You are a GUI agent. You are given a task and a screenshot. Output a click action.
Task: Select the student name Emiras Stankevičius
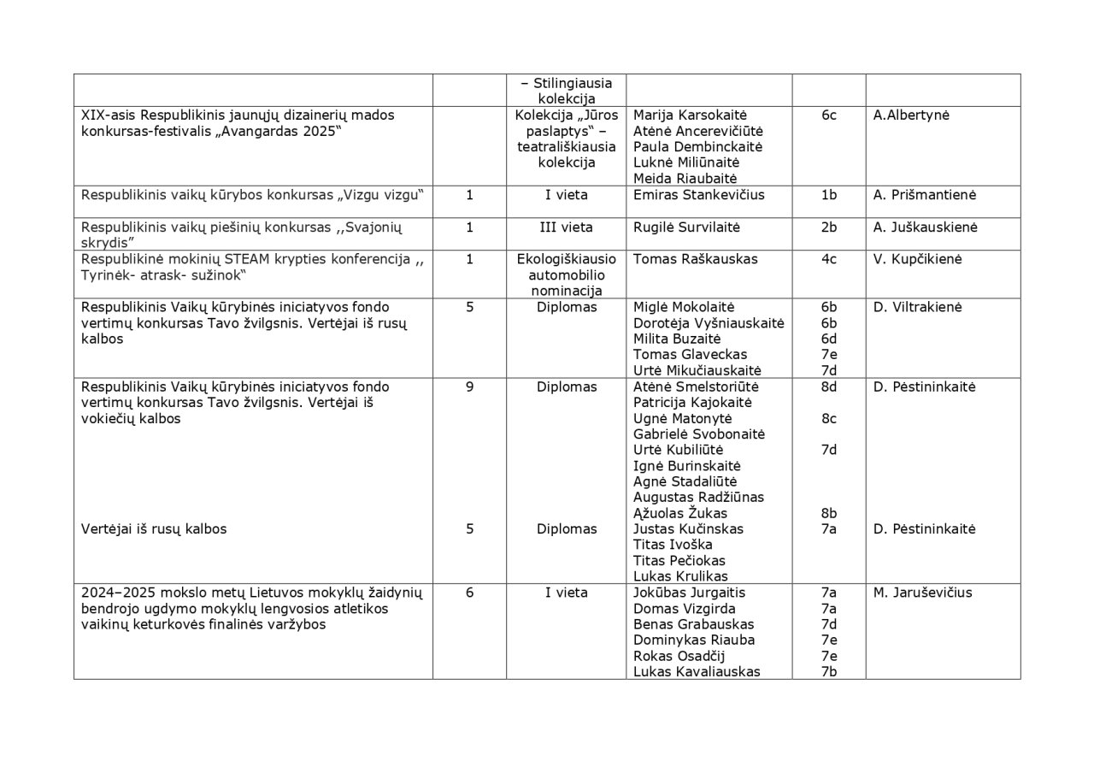pyautogui.click(x=698, y=195)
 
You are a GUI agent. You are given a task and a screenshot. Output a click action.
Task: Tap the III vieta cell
pyautogui.click(x=566, y=227)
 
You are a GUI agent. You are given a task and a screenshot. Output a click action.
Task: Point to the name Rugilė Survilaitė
pyautogui.click(x=686, y=227)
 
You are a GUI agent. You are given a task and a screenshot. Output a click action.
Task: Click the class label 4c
pyautogui.click(x=828, y=259)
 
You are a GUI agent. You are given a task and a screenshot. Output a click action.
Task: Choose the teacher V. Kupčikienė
pyautogui.click(x=917, y=259)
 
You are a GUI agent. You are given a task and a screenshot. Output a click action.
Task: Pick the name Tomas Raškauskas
pyautogui.click(x=695, y=259)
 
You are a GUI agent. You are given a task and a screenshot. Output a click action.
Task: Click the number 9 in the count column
pyautogui.click(x=469, y=386)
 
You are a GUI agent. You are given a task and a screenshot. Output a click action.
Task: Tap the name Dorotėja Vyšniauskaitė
pyautogui.click(x=709, y=323)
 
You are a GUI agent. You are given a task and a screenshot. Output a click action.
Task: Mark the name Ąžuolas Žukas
pyautogui.click(x=680, y=513)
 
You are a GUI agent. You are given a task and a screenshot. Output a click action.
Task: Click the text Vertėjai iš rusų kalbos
pyautogui.click(x=154, y=529)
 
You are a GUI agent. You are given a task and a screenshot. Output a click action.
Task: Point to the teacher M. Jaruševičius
pyautogui.click(x=922, y=593)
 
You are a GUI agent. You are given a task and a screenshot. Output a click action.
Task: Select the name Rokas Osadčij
pyautogui.click(x=679, y=656)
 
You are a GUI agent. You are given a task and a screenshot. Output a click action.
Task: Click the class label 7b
pyautogui.click(x=828, y=672)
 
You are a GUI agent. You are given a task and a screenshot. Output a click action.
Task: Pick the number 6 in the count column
pyautogui.click(x=469, y=593)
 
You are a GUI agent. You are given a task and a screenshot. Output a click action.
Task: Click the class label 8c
pyautogui.click(x=828, y=418)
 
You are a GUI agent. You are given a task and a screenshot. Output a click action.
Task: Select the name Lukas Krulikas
pyautogui.click(x=680, y=576)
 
